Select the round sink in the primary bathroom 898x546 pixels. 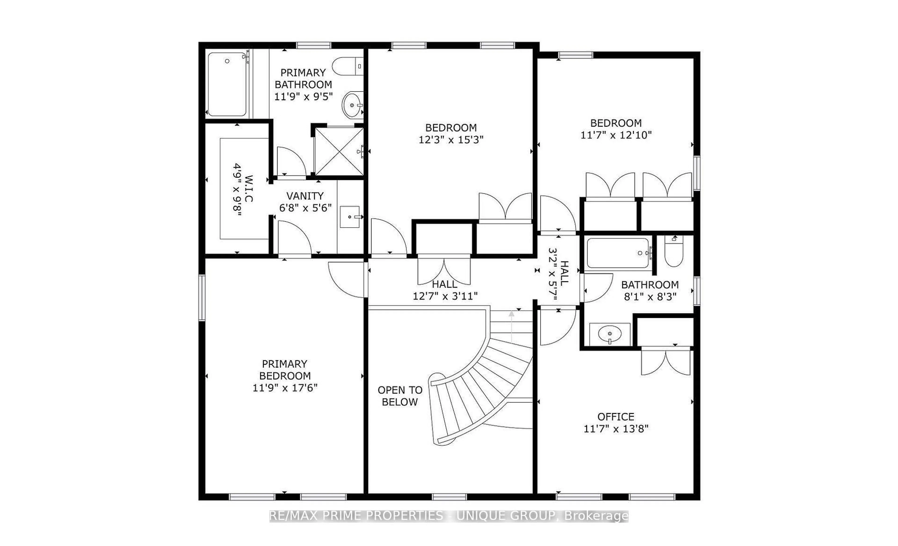352,105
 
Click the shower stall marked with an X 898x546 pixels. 339,151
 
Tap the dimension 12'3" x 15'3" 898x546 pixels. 451,140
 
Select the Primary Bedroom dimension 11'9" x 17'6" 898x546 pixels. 285,388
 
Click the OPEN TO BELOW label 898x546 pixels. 400,396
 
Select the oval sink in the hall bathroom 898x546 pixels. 610,333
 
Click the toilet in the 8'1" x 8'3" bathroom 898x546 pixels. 673,253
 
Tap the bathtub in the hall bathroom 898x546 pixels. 618,253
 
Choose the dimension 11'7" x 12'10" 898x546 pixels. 616,135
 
